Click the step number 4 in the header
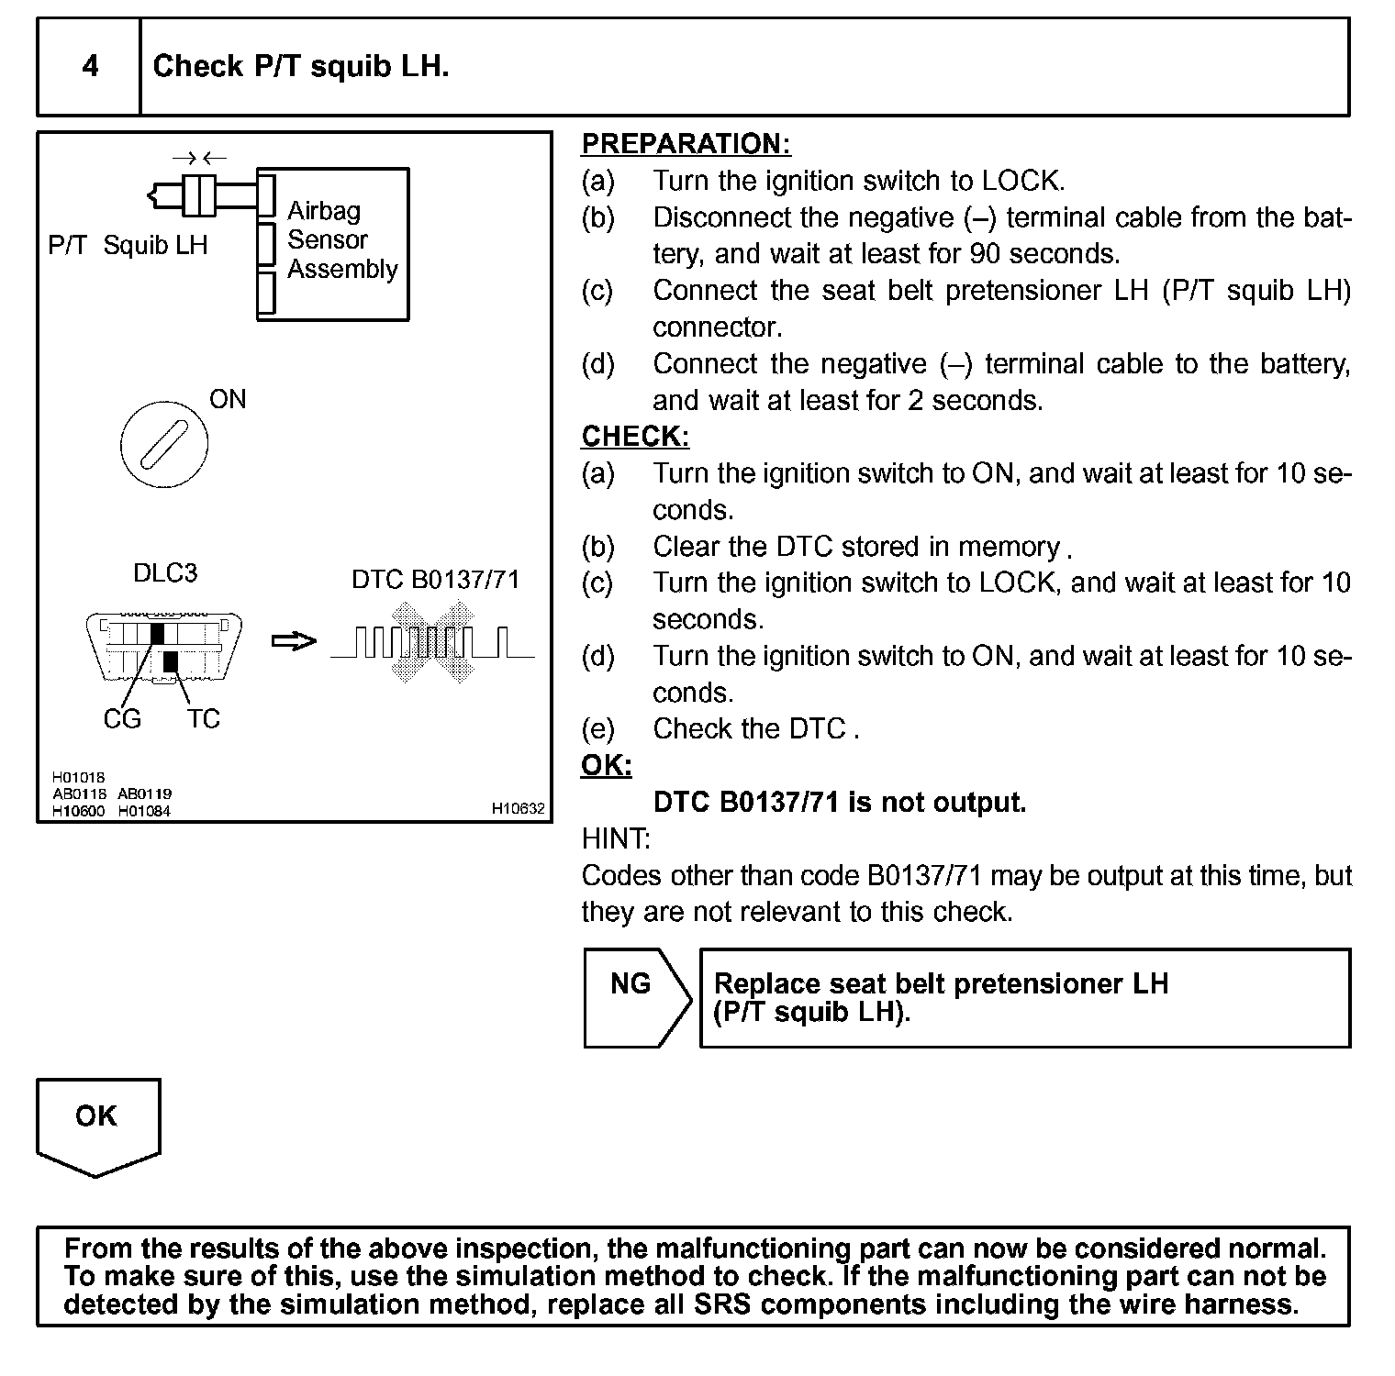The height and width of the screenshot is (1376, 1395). click(90, 66)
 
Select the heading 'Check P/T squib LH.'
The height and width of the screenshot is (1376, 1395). click(300, 66)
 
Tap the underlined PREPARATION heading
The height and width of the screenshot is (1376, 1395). click(686, 144)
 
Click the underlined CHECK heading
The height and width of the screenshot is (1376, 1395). click(635, 437)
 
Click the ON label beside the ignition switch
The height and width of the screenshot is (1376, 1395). click(228, 399)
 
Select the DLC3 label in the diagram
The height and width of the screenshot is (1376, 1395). click(165, 573)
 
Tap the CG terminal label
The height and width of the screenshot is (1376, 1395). click(122, 719)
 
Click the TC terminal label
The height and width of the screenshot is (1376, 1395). click(204, 719)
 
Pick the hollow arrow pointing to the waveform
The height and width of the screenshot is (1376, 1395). click(294, 641)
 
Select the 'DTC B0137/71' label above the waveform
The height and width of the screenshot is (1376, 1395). click(435, 580)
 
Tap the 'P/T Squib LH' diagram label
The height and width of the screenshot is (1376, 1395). click(128, 246)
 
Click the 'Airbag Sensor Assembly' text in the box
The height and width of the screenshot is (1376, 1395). click(341, 240)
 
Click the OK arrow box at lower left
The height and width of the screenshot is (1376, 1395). click(97, 1125)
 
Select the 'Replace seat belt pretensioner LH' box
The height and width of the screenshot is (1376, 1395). click(1024, 998)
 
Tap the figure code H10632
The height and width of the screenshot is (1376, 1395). click(518, 809)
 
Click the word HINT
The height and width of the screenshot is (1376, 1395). click(616, 839)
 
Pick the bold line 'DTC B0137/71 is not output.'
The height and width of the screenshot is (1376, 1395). click(839, 803)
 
